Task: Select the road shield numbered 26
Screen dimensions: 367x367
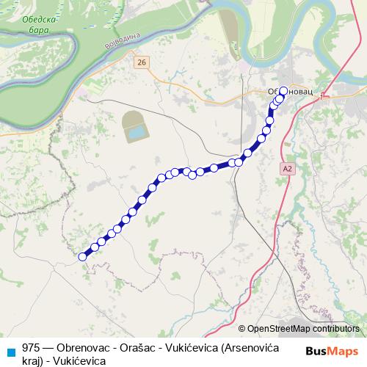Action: click(142, 63)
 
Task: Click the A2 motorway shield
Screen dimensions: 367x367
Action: click(288, 168)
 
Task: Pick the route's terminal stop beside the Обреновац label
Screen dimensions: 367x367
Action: click(283, 92)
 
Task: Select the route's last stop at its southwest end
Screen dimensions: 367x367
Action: click(83, 256)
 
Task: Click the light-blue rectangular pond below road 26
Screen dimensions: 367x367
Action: click(136, 133)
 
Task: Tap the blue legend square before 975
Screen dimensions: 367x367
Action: click(10, 350)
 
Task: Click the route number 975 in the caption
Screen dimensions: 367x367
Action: click(32, 348)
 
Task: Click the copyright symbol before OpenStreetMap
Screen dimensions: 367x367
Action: click(241, 329)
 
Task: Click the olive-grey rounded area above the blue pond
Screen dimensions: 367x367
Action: click(132, 119)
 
